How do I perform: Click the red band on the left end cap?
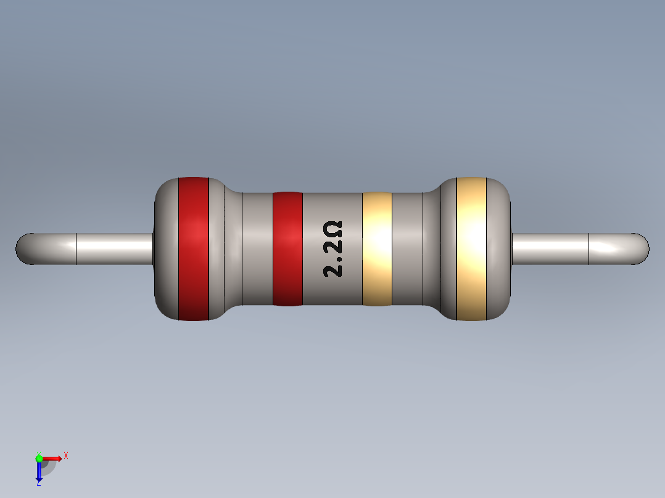click(x=193, y=248)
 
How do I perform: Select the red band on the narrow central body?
click(x=287, y=248)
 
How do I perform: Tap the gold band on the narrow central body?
click(x=377, y=248)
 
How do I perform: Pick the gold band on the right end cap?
click(x=471, y=248)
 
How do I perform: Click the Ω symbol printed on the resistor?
click(x=333, y=231)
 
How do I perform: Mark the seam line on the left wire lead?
click(x=75, y=249)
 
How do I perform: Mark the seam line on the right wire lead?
click(x=589, y=249)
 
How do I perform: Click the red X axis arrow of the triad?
click(x=53, y=458)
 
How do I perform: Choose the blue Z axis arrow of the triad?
click(x=39, y=471)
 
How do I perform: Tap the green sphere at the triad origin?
click(x=39, y=457)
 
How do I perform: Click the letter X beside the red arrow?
click(x=66, y=455)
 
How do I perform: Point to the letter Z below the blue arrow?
click(x=39, y=484)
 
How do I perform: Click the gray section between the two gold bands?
click(x=407, y=248)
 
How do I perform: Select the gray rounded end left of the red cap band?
click(x=165, y=248)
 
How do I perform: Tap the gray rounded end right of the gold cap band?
click(x=499, y=248)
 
